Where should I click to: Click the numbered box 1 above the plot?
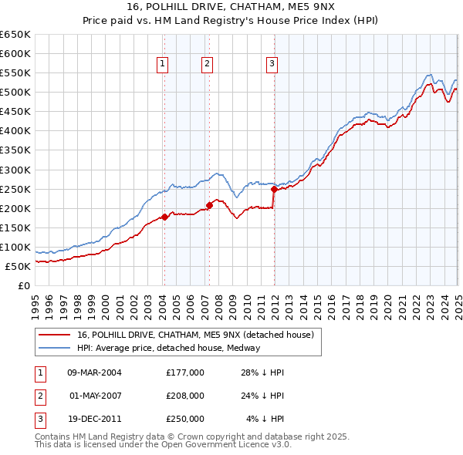click(x=164, y=65)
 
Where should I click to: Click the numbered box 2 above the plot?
click(x=208, y=65)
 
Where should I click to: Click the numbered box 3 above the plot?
click(x=272, y=65)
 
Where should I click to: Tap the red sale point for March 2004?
click(x=164, y=217)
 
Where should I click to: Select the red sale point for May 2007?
click(x=209, y=205)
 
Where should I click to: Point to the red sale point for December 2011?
click(x=274, y=189)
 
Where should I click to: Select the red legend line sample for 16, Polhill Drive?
click(x=55, y=335)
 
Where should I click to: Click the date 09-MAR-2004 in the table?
click(x=94, y=372)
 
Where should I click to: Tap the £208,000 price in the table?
click(x=185, y=396)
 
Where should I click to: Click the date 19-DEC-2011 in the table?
click(x=94, y=419)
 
